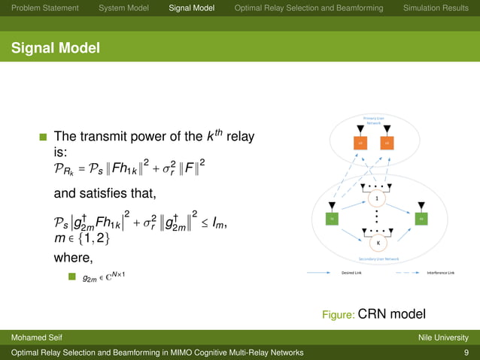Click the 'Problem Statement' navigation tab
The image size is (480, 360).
(x=41, y=8)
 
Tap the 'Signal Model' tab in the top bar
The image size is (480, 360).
(x=192, y=8)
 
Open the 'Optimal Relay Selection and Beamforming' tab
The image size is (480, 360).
(x=308, y=8)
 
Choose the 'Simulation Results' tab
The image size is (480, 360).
(x=436, y=8)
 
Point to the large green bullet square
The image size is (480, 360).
(x=43, y=138)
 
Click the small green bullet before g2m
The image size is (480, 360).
(x=72, y=277)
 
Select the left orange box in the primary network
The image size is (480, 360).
(x=360, y=142)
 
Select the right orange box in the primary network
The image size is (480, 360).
(x=386, y=142)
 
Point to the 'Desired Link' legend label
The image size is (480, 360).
(x=353, y=273)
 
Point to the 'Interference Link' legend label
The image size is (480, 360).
(x=440, y=273)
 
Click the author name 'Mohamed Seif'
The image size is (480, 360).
(x=35, y=337)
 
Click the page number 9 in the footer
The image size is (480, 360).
(x=466, y=352)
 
